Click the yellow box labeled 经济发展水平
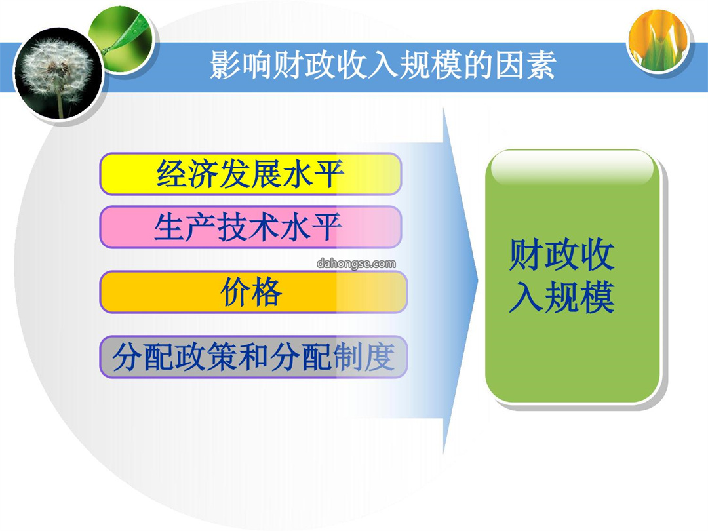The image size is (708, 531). (x=250, y=174)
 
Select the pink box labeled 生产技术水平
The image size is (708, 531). (x=250, y=227)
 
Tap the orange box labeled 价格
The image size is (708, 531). (x=253, y=292)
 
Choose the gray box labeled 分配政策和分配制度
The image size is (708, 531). (x=253, y=357)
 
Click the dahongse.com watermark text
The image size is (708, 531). (x=356, y=264)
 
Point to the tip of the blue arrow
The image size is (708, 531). (x=478, y=280)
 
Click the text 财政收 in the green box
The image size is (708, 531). (x=562, y=254)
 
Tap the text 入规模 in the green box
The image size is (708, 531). (x=562, y=297)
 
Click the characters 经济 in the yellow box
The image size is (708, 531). (x=188, y=174)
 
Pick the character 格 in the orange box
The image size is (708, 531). (x=267, y=292)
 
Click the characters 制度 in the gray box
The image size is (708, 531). (x=364, y=357)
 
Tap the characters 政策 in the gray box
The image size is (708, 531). (x=206, y=357)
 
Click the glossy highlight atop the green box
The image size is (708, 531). (x=572, y=168)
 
